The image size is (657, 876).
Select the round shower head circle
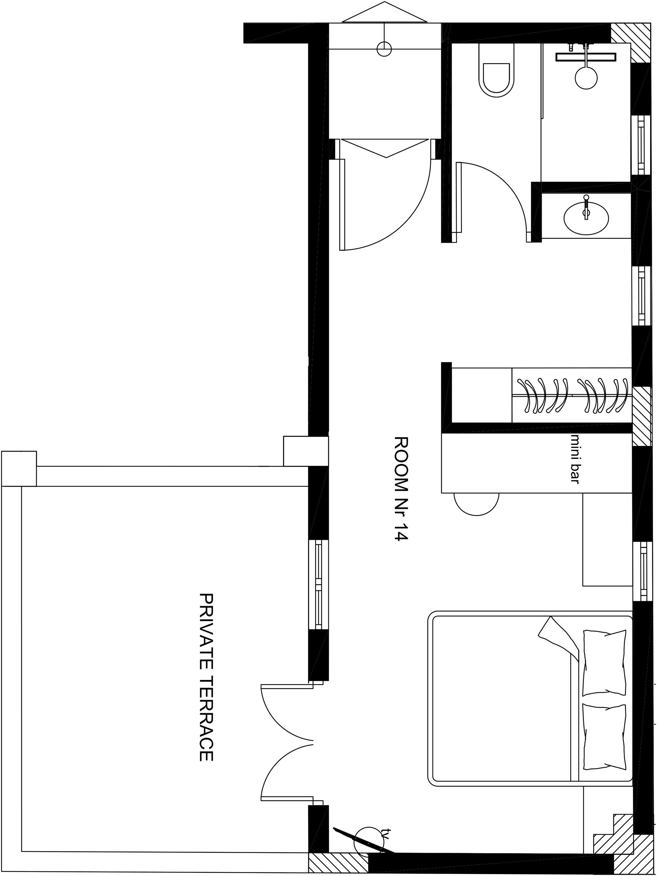coord(586,78)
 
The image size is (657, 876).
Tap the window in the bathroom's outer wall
coord(641,145)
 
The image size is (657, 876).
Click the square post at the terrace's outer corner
coord(19,468)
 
